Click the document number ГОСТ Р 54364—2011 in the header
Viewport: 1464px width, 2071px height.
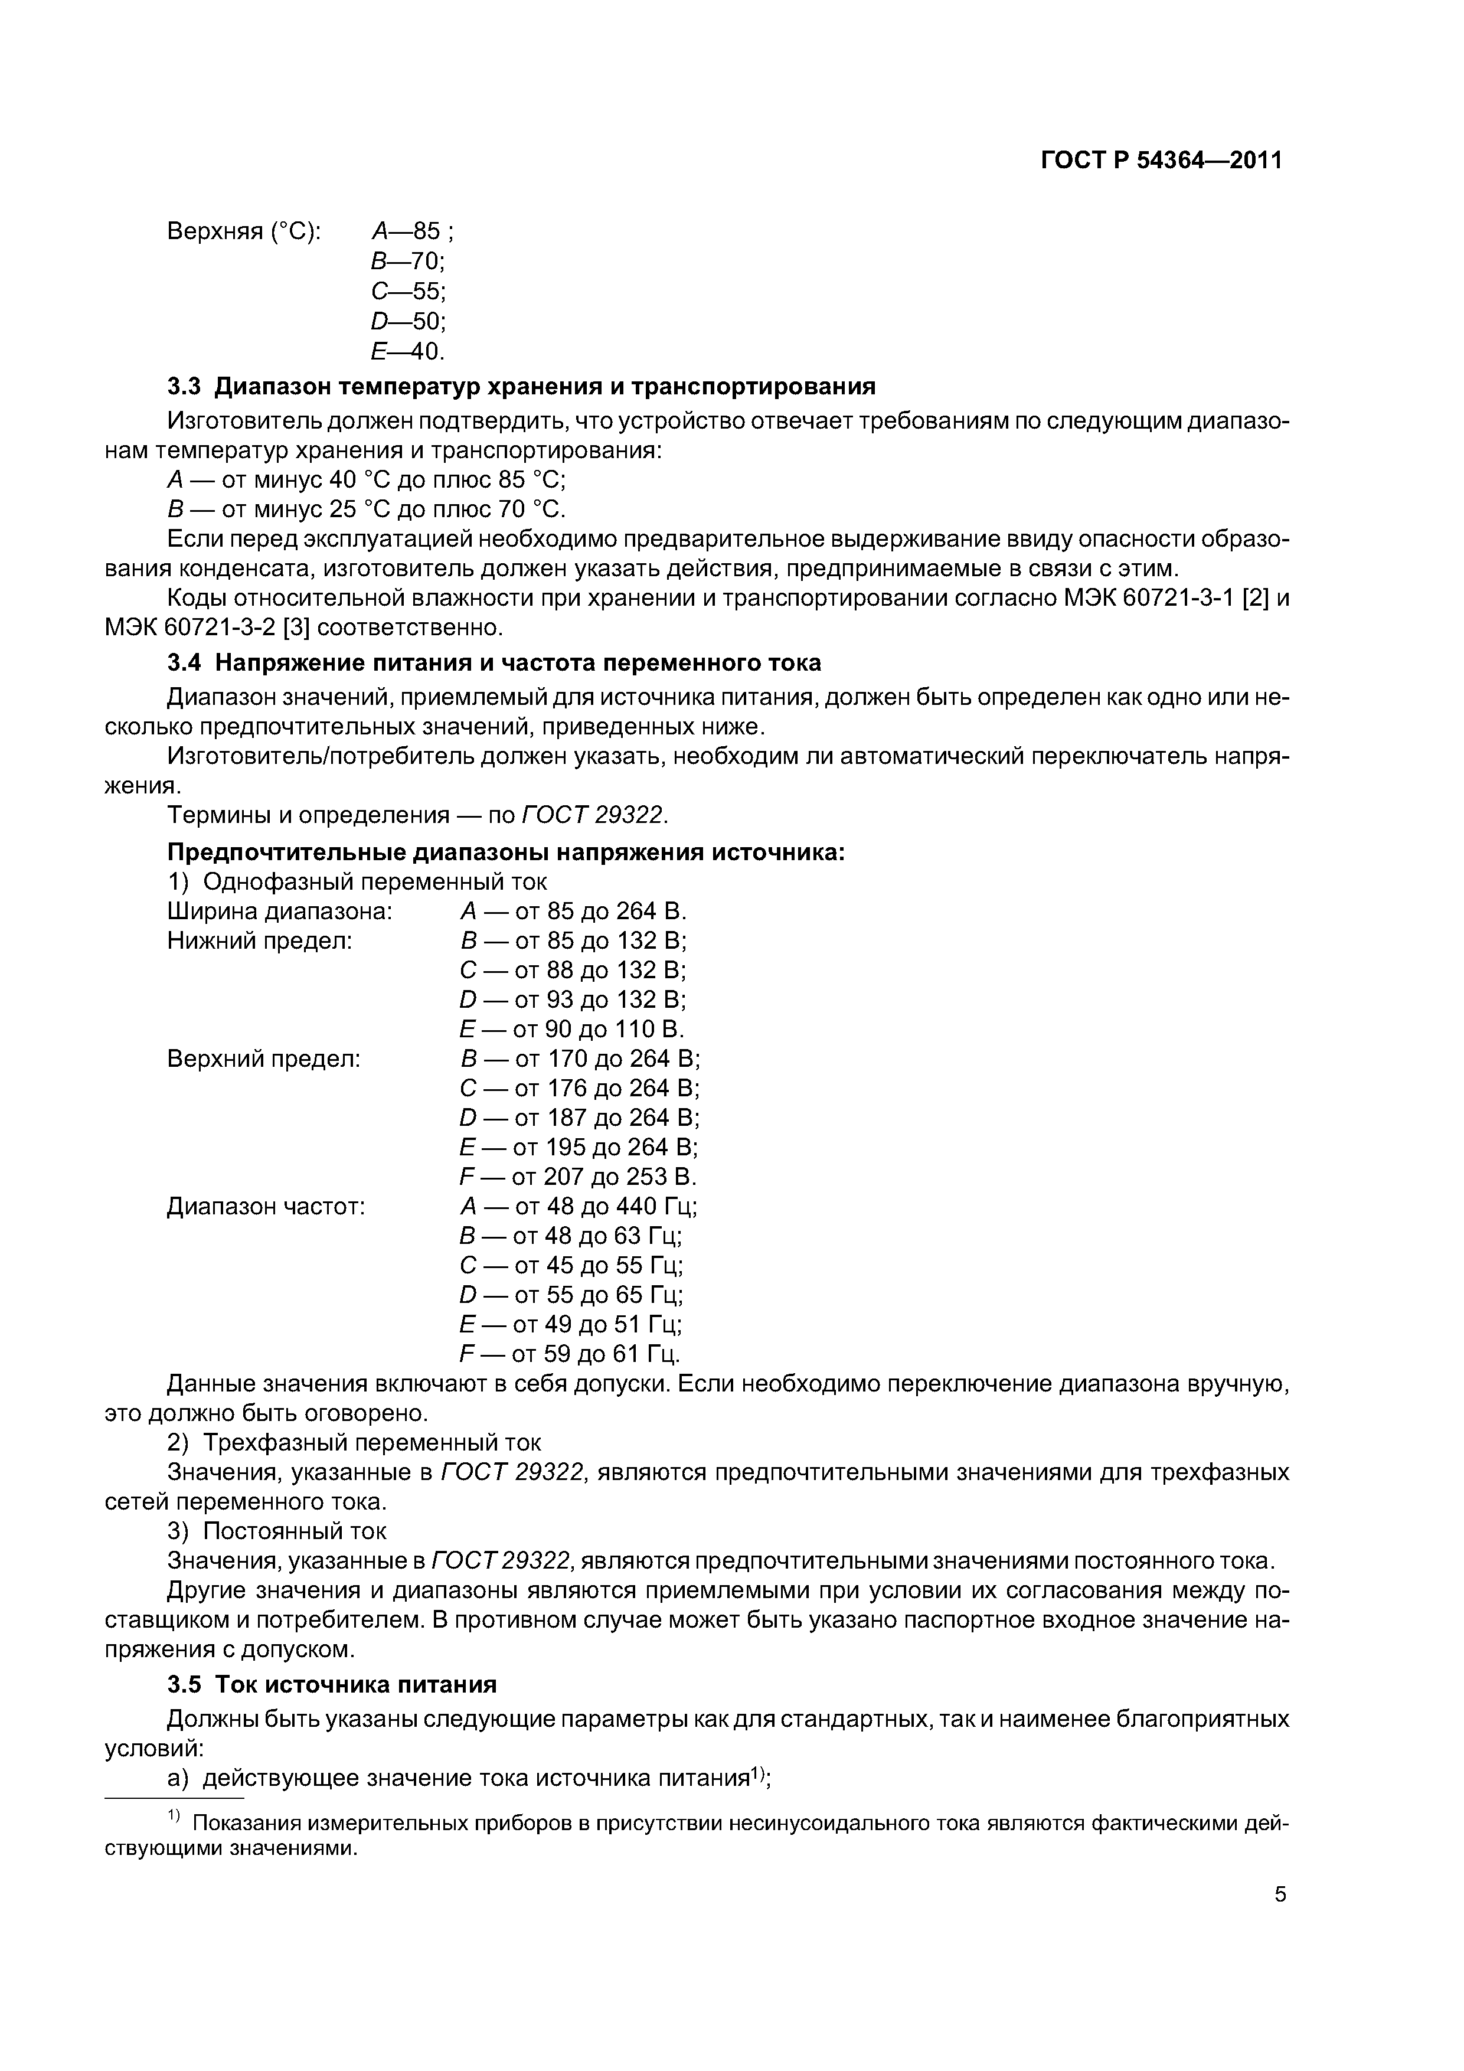[1161, 161]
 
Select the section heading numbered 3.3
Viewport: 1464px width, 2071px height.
[521, 387]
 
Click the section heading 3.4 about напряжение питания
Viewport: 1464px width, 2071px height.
[494, 663]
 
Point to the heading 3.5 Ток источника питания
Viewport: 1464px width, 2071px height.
[332, 1685]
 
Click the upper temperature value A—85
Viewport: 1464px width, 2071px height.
[411, 232]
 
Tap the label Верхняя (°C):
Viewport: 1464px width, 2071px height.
[244, 232]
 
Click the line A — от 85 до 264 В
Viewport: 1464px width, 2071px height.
[573, 911]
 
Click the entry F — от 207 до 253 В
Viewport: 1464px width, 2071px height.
[578, 1177]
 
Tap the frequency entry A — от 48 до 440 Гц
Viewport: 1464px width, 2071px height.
[578, 1207]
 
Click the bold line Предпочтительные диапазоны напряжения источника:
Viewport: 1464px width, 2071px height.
[506, 852]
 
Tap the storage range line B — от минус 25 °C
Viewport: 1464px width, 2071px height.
[366, 509]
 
